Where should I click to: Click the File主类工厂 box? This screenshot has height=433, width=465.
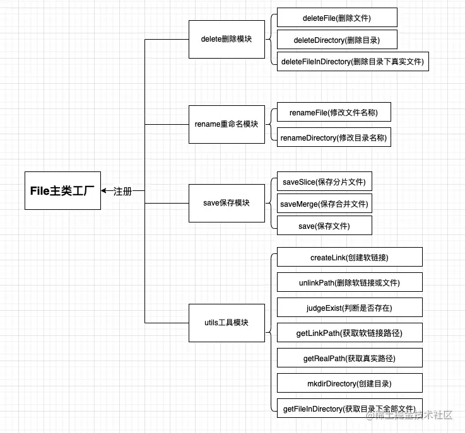[x=62, y=190]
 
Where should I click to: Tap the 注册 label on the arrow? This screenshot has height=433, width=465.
[x=123, y=191]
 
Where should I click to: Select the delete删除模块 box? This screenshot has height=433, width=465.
[x=227, y=39]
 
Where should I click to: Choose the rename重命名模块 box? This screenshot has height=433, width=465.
[x=227, y=124]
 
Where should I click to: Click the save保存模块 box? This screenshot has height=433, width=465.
[x=227, y=203]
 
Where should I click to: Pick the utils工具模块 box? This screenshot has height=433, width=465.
[x=227, y=322]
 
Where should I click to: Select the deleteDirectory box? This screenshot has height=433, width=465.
[x=337, y=40]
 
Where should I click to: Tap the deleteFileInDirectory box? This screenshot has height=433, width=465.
[x=353, y=62]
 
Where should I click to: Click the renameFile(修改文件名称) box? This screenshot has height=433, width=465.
[x=334, y=112]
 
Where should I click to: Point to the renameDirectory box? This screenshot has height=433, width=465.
[x=334, y=137]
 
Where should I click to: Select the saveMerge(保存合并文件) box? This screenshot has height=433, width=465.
[x=324, y=204]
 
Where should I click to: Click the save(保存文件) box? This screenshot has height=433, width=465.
[x=324, y=226]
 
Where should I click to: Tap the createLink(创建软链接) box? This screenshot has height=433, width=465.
[x=350, y=257]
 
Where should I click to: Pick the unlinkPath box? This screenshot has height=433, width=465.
[x=350, y=282]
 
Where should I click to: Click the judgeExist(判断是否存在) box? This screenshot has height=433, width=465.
[x=350, y=308]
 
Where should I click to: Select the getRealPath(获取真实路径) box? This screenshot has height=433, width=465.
[x=350, y=358]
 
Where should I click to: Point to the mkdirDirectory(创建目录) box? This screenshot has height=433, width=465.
[x=350, y=383]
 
